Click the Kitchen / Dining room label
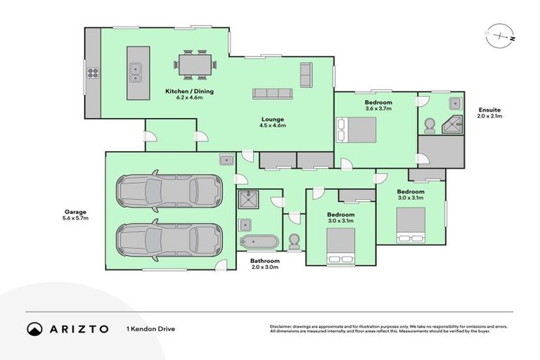(189, 91)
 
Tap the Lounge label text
(274, 119)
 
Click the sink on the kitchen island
(135, 69)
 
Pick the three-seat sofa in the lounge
(273, 94)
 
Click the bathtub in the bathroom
(259, 243)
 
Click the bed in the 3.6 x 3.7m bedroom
(358, 130)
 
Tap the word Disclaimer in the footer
(282, 326)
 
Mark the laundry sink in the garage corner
(226, 160)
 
